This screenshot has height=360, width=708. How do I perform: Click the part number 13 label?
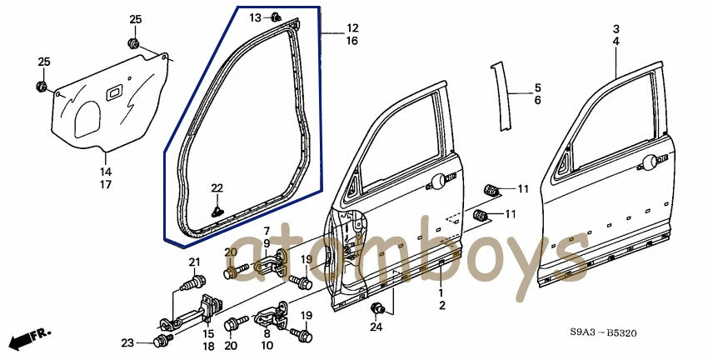click(256, 17)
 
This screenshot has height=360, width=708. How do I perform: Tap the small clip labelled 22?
click(217, 212)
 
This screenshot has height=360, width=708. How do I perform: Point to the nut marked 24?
click(376, 309)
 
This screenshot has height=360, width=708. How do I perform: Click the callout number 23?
click(127, 342)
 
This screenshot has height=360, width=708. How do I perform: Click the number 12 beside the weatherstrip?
click(352, 28)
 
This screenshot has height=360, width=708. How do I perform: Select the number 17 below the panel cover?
click(107, 184)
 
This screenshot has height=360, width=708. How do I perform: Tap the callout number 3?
click(616, 28)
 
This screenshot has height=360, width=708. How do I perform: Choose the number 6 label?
click(537, 100)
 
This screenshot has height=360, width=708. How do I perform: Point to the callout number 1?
click(442, 292)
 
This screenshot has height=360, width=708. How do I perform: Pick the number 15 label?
click(208, 334)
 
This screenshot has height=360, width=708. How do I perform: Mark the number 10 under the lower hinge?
click(267, 345)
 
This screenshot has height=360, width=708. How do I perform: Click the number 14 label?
click(107, 172)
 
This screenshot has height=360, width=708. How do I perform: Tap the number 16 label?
click(352, 41)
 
